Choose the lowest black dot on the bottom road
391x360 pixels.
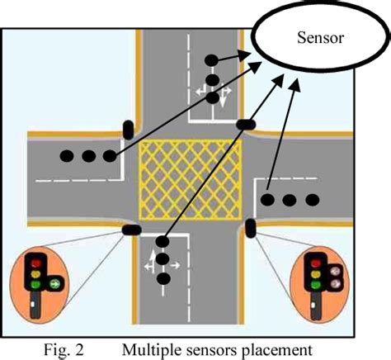(164, 279)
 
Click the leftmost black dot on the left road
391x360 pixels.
(67, 154)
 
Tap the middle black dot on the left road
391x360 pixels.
(87, 154)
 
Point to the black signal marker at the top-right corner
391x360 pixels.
(246, 125)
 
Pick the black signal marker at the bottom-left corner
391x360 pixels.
(130, 230)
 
